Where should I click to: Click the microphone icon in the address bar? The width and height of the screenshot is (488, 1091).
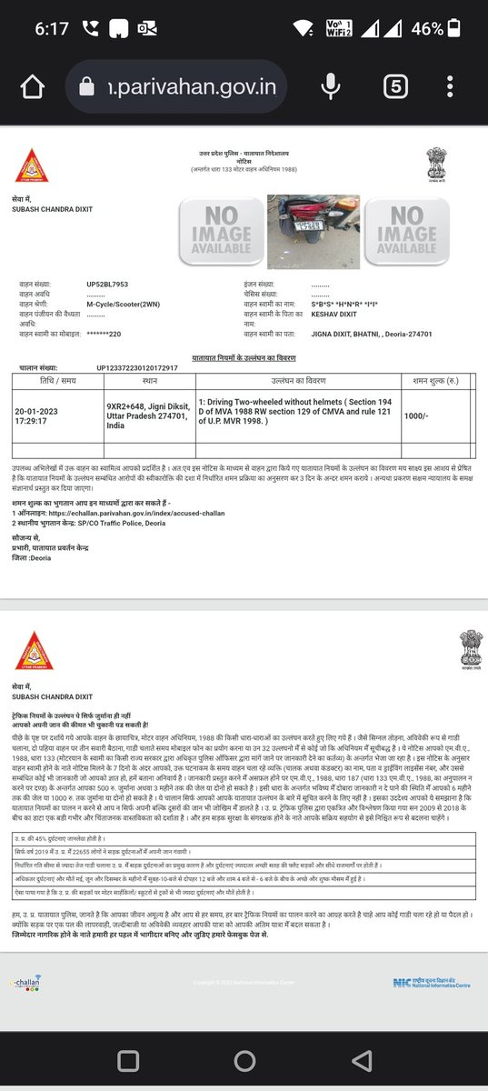click(x=329, y=87)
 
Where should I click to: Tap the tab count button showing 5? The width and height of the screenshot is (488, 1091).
click(x=394, y=87)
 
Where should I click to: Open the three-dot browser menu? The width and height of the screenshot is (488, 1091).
click(x=450, y=87)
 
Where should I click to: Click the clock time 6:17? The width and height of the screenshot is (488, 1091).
click(x=53, y=28)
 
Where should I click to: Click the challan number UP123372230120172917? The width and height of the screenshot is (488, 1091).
click(x=136, y=368)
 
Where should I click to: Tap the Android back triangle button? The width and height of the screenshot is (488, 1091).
click(x=364, y=1060)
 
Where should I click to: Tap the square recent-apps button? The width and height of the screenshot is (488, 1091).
click(x=123, y=1060)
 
